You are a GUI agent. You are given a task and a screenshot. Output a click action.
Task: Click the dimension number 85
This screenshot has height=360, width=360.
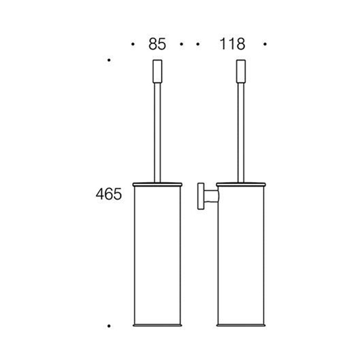pos(157,45)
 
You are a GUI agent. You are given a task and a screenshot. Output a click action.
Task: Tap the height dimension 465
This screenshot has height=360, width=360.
pos(109,194)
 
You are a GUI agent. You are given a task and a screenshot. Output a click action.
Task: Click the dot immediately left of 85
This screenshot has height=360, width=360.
pos(133,45)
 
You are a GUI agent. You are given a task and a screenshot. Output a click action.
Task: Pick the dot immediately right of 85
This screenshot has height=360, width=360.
pos(182,45)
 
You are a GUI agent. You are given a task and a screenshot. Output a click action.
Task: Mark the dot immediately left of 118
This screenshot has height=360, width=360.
pos(198,45)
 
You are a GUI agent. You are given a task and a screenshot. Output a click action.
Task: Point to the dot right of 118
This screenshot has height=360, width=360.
pos(265,45)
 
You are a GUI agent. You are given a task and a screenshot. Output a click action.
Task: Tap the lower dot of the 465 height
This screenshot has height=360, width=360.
pos(109,326)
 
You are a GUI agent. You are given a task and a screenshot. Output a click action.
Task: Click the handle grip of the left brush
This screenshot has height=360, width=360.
pos(157,70)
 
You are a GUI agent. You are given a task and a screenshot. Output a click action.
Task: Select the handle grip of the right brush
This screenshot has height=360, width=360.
pos(240,70)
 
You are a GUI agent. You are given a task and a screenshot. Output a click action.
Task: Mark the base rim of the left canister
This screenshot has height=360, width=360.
pos(157,325)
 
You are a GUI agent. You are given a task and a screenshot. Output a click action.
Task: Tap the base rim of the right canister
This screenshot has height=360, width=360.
pos(240,325)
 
